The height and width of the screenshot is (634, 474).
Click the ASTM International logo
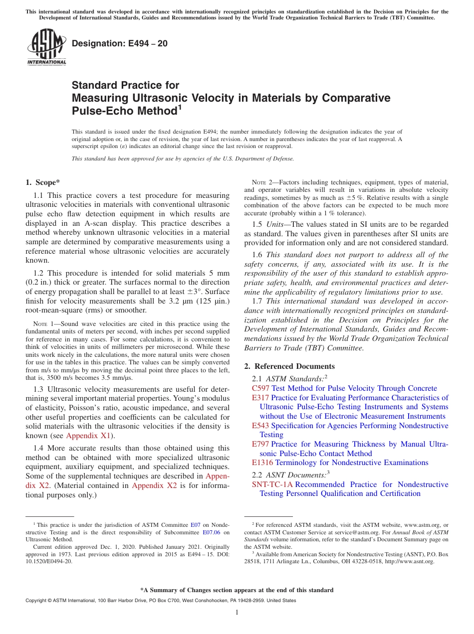(x=46, y=47)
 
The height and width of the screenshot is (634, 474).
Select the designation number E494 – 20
(x=120, y=43)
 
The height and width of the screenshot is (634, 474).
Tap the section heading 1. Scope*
(x=43, y=182)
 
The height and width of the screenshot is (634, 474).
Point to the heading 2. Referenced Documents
(x=289, y=366)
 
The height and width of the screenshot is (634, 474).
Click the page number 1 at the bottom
(x=237, y=613)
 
